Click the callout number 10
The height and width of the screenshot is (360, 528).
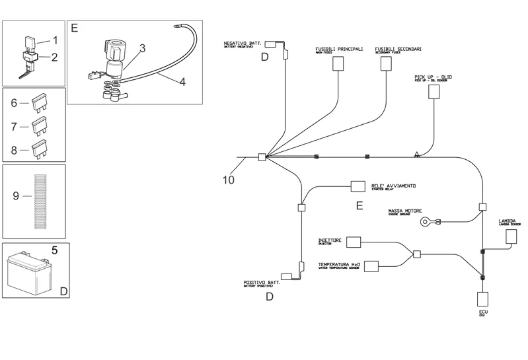coord(228,180)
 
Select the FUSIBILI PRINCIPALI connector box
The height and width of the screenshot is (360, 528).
coord(338,63)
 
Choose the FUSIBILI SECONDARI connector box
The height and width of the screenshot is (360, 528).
coord(386,63)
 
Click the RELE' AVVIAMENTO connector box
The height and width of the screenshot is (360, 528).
coord(358,188)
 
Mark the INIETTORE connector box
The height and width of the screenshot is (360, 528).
coord(354,242)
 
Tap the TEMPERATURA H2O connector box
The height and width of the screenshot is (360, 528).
coord(372,266)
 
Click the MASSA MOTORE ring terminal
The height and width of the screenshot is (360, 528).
coord(426,222)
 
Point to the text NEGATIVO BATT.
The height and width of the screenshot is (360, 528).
coord(243,43)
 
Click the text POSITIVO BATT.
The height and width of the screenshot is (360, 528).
coord(262,282)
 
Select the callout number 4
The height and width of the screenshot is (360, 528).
coord(182,83)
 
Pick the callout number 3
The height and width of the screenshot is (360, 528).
coord(142,48)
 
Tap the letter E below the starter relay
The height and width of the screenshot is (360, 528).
coord(359,206)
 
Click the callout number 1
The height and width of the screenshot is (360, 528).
coord(56,40)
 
